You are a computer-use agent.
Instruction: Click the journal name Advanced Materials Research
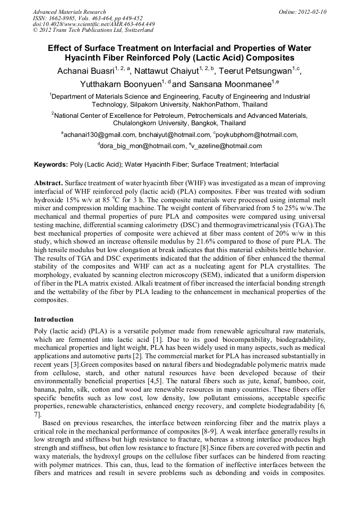tap(69, 12)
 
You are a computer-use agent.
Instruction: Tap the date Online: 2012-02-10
tap(303, 12)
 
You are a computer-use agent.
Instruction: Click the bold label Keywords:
tap(51, 165)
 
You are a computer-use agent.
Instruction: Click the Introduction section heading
tap(54, 320)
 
